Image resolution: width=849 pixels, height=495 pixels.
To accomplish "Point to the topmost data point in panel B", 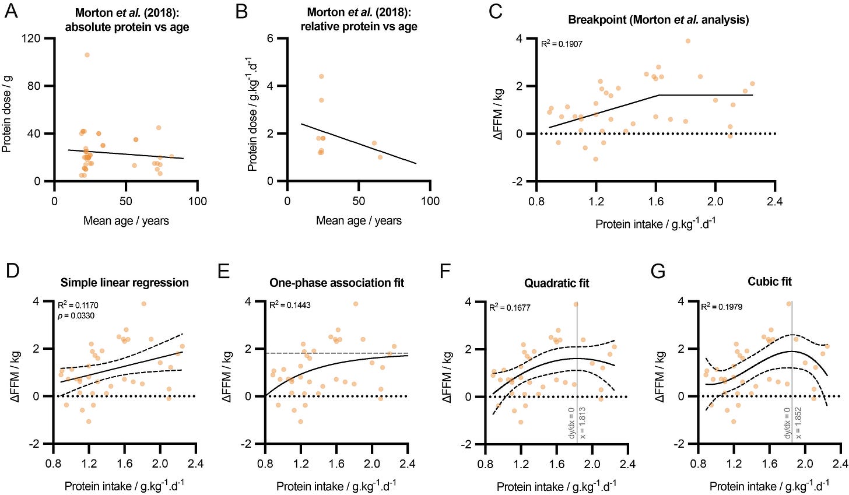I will pyautogui.click(x=321, y=76).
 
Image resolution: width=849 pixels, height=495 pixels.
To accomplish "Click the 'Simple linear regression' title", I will pyautogui.click(x=125, y=283).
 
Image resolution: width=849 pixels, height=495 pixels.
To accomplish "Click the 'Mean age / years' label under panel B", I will pyautogui.click(x=359, y=220).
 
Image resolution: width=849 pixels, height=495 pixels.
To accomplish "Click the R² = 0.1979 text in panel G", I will pyautogui.click(x=723, y=305).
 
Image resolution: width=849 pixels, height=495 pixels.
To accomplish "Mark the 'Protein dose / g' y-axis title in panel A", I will pyautogui.click(x=8, y=110).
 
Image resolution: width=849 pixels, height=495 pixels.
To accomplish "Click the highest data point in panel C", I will pyautogui.click(x=688, y=41).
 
